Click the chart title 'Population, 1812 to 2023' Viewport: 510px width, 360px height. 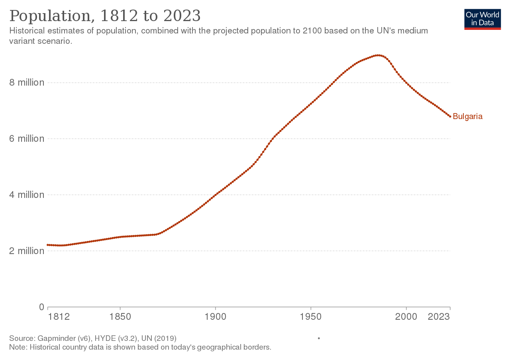click(x=105, y=16)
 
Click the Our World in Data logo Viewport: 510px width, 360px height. click(x=483, y=19)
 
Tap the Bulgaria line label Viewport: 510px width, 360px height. click(x=468, y=117)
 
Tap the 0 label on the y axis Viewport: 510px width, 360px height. click(x=41, y=307)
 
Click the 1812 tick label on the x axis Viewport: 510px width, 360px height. click(x=59, y=317)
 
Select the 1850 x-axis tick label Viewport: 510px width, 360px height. click(x=120, y=317)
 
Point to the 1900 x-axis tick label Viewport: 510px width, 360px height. click(x=215, y=317)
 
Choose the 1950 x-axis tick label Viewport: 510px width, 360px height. click(x=311, y=317)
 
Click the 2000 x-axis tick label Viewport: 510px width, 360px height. click(x=406, y=317)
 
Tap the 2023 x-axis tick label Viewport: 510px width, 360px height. click(x=439, y=317)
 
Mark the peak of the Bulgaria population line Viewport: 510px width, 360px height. click(x=377, y=55)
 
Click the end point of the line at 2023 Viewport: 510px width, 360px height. click(x=450, y=116)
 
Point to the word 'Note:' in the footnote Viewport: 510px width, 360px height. click(x=18, y=347)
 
